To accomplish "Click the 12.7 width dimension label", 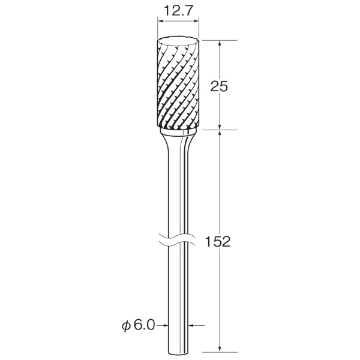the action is click(178, 11).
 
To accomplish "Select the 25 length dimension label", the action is click(219, 86).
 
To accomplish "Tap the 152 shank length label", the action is click(218, 241).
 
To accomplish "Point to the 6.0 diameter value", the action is click(144, 325).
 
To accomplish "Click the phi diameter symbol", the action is click(127, 326).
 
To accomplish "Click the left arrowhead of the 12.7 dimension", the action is click(160, 21).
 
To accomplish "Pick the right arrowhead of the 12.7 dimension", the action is click(196, 21).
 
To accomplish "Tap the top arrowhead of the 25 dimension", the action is click(220, 44).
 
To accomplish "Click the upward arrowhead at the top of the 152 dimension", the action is click(220, 133).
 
